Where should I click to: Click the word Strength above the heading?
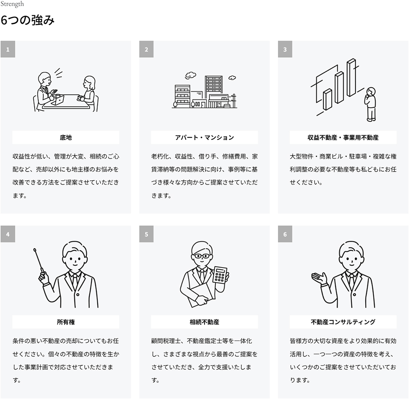tap(12, 4)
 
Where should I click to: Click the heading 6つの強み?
tap(28, 20)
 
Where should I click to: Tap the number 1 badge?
tap(8, 49)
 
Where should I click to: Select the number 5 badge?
tap(146, 234)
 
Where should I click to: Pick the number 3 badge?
tap(285, 49)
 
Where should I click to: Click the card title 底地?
tap(66, 137)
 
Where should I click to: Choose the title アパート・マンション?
tap(204, 137)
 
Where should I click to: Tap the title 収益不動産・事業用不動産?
tap(343, 137)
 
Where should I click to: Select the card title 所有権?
tap(66, 322)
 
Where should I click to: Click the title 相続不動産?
tap(204, 322)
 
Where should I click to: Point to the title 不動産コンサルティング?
tap(343, 322)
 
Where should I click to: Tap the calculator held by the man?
tap(220, 275)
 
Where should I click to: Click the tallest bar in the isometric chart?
tap(351, 78)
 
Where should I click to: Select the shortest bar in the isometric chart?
tap(327, 99)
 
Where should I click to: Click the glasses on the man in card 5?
tap(201, 256)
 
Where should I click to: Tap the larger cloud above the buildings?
tap(190, 75)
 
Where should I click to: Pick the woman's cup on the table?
tap(80, 98)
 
